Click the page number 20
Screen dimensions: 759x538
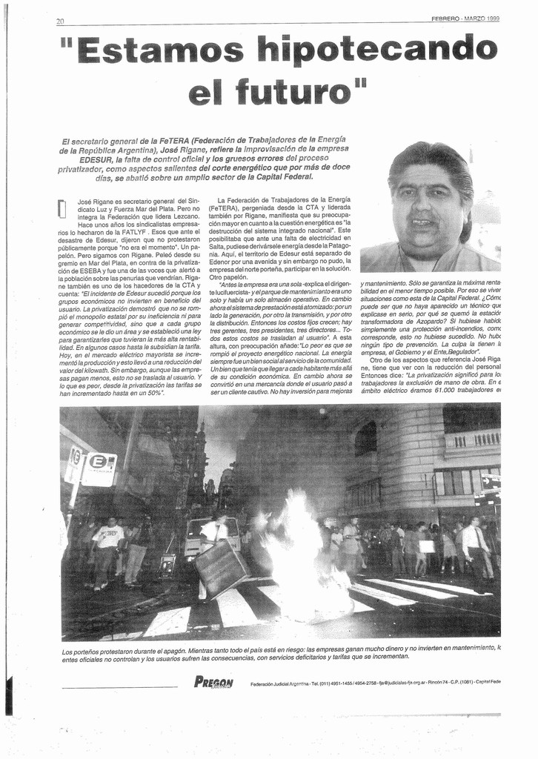coord(60,21)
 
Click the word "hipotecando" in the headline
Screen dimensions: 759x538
coord(376,50)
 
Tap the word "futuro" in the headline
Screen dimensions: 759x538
coord(290,92)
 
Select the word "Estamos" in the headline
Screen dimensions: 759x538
coord(160,50)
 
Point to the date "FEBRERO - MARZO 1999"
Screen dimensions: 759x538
coord(465,19)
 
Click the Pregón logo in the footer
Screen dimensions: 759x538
coord(213,683)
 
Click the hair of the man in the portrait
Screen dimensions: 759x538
coord(434,160)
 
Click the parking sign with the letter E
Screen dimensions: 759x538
coord(99,468)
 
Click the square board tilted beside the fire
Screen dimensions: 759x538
coord(220,569)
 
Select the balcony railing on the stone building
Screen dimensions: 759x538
coord(472,440)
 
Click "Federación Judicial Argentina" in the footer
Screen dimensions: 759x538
coord(279,684)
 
